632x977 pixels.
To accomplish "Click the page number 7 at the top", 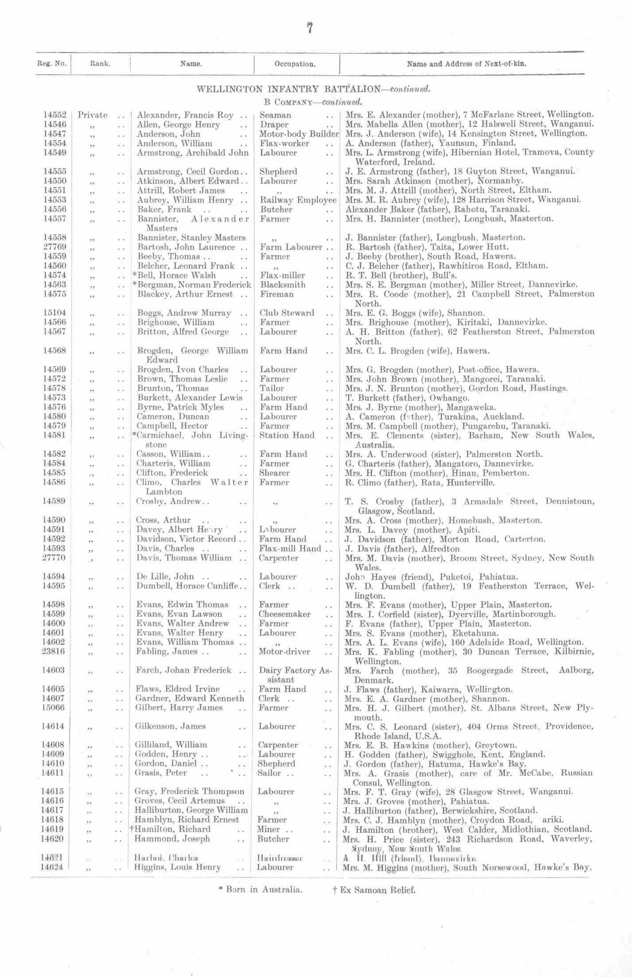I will pos(310,28).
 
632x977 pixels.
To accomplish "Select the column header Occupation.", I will pos(295,64).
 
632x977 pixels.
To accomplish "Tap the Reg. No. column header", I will pos(52,63).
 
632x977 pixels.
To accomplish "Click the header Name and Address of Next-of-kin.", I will pos(466,64).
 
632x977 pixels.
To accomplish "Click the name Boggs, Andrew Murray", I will pos(184,313).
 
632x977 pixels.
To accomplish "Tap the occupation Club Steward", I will pos(287,313).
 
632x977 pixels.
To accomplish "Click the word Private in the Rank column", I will pos(93,115).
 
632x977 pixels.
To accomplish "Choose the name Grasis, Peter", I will pos(160,773).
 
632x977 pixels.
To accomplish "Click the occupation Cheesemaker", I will pos(284,614).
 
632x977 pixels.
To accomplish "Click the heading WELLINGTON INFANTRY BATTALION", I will pos(288,89).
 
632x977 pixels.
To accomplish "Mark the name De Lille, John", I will pos(164,576).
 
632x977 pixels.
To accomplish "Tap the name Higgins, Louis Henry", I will pos(177,867).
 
